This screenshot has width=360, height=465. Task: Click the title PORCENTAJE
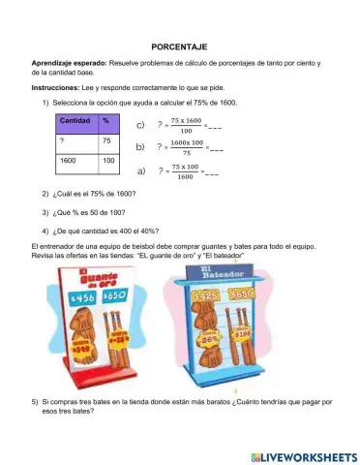180,46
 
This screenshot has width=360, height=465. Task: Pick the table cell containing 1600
69,160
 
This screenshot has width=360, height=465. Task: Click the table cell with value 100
108,160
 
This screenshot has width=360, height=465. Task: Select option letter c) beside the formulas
140,125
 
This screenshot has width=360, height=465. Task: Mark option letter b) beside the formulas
140,147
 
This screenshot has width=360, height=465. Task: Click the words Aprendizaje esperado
66,63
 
